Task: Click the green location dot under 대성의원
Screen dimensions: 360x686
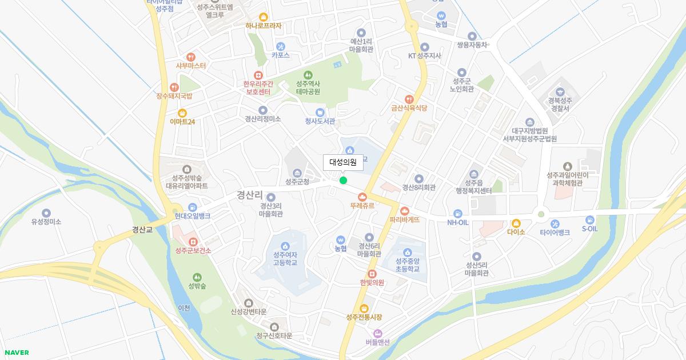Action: coord(343,181)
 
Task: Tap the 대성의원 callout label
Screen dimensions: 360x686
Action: coord(343,162)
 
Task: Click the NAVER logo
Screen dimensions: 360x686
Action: coord(17,353)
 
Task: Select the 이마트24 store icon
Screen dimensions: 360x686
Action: coord(182,113)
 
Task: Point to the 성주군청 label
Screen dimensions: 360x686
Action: coord(297,182)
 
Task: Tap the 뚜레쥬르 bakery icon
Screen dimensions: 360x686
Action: coord(362,197)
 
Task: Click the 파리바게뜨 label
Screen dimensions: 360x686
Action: coord(405,219)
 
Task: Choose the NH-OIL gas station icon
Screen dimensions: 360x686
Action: coord(458,213)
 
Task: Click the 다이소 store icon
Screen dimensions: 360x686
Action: coord(516,223)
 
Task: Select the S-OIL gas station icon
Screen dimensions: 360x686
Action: coord(589,219)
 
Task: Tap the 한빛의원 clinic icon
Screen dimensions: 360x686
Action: coord(372,274)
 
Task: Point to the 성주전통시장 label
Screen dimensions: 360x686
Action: coord(364,317)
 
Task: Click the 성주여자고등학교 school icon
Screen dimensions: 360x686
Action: coord(285,246)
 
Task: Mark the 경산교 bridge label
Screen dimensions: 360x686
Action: coord(142,230)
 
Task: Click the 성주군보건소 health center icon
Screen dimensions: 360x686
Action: coord(193,242)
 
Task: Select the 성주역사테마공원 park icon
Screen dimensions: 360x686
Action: coord(308,75)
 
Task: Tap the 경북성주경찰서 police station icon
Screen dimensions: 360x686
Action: coord(560,91)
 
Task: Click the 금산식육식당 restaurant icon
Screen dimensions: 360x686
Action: coord(409,99)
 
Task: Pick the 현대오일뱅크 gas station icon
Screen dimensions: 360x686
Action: coord(193,207)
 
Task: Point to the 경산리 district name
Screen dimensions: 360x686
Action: coord(250,195)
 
